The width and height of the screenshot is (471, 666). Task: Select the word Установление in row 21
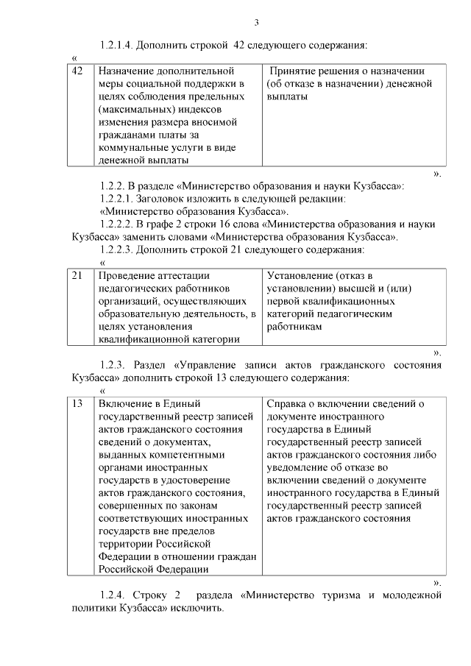point(300,275)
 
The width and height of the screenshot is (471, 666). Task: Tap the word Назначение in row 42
point(126,71)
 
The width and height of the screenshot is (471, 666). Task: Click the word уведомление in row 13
point(300,467)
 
